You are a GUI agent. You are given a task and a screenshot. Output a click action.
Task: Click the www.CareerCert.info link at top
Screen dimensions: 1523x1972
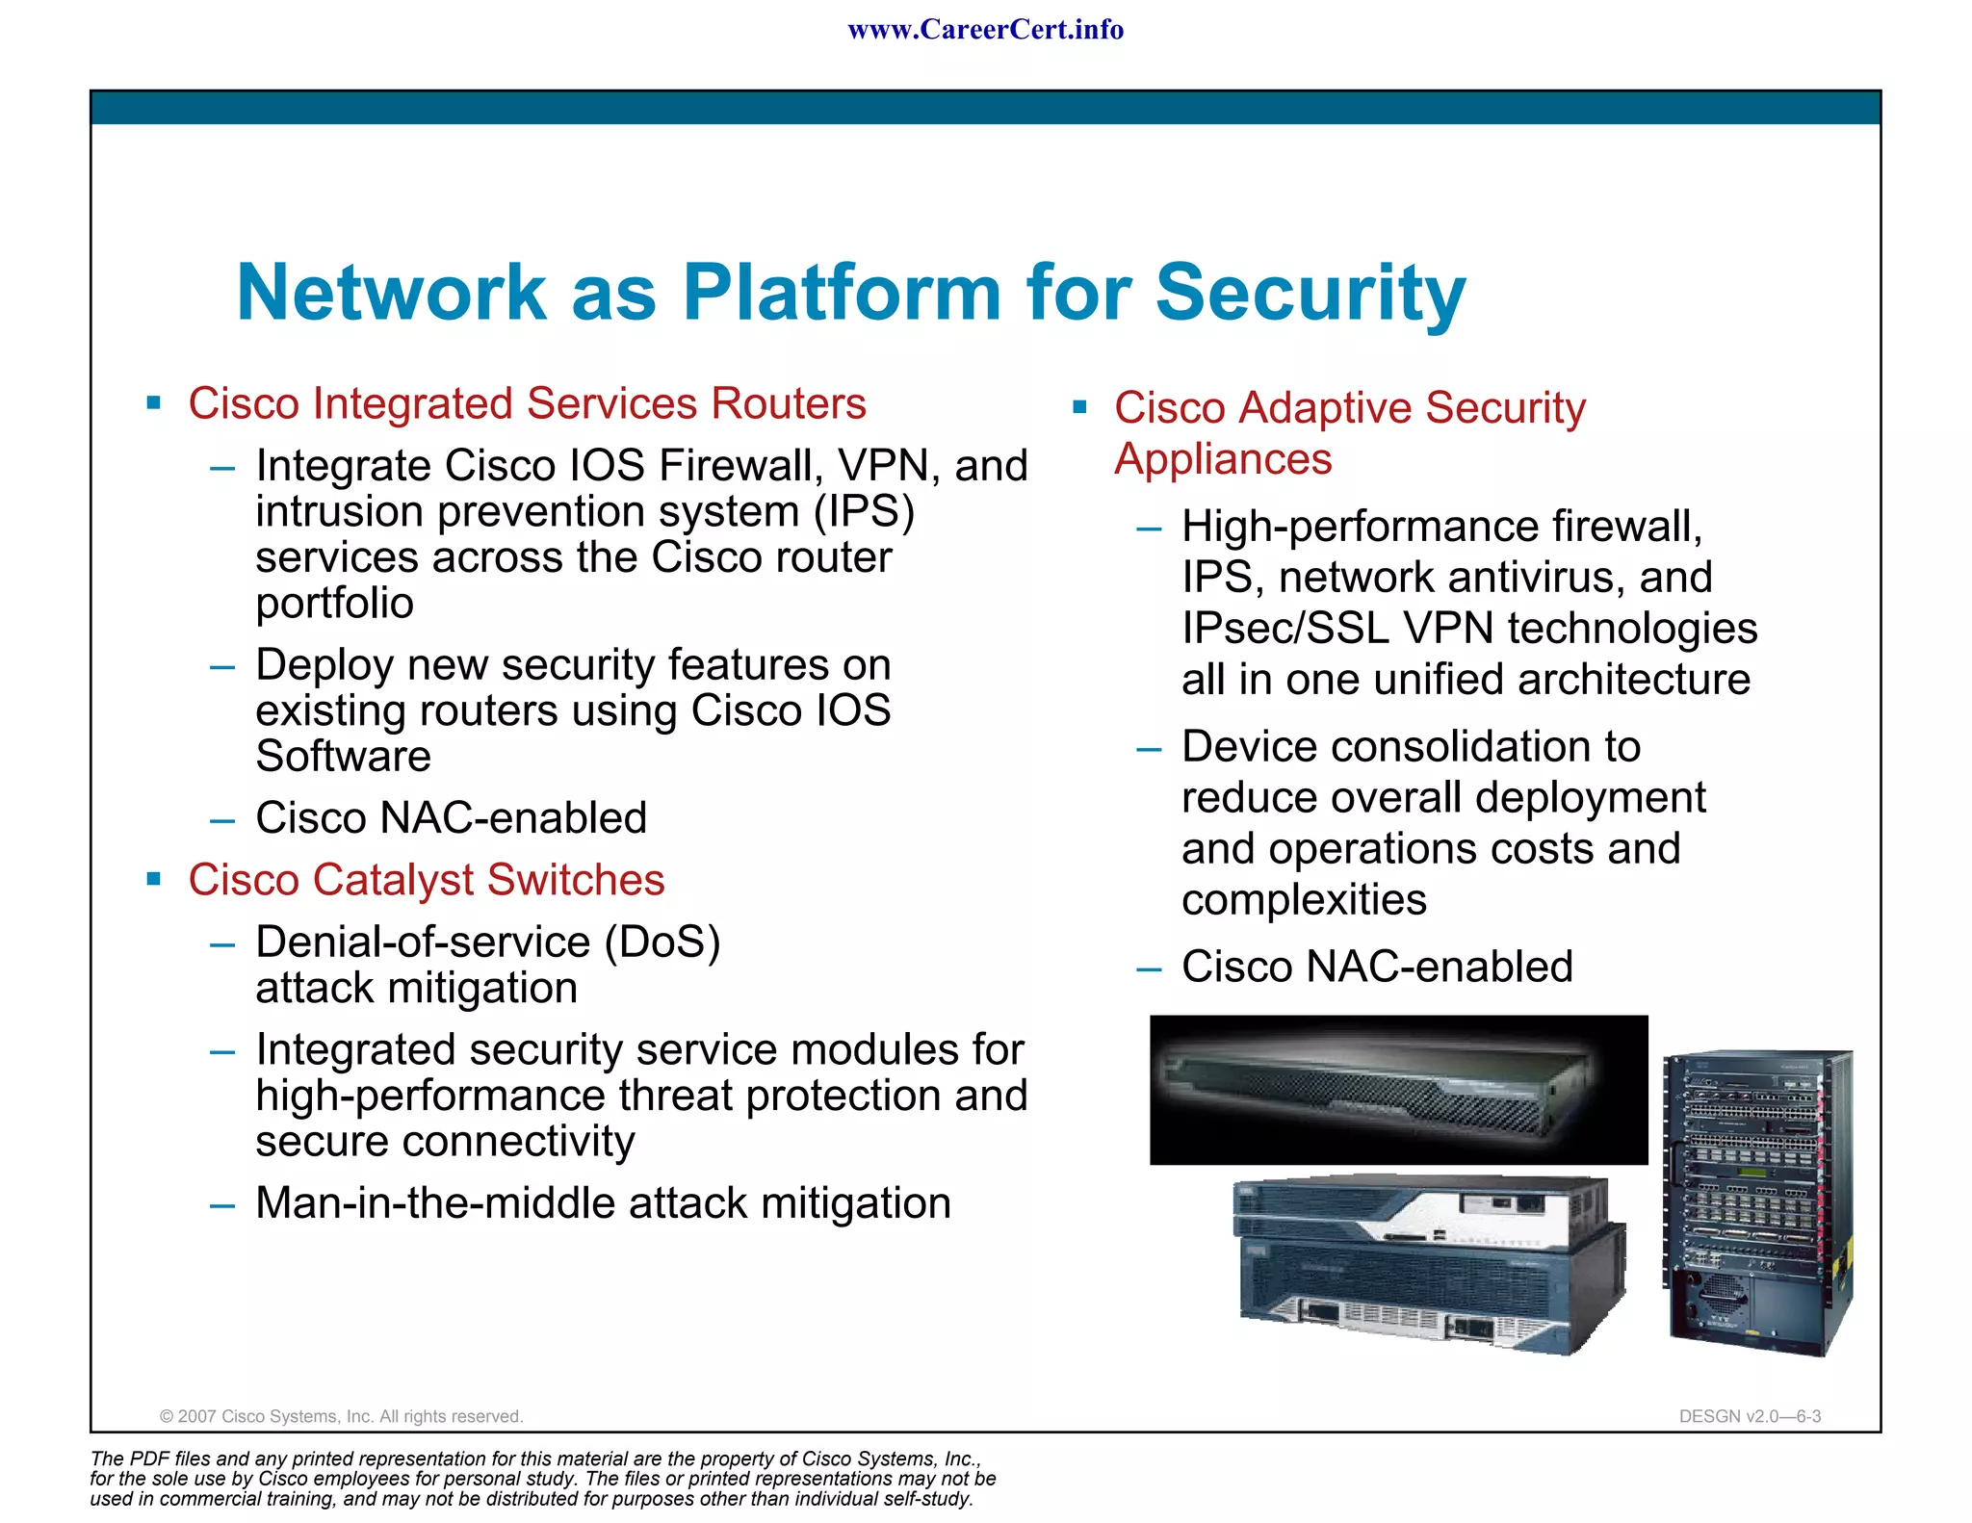tap(985, 30)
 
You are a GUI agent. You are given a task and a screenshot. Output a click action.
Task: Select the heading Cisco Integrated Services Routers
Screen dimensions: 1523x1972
tap(527, 403)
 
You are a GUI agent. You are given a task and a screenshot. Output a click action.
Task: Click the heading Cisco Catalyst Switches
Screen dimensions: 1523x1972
tap(426, 880)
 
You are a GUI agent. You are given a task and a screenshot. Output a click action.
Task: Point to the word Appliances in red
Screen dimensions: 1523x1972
tap(1223, 459)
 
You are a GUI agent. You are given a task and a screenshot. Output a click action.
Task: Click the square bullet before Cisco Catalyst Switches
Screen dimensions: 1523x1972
tap(154, 878)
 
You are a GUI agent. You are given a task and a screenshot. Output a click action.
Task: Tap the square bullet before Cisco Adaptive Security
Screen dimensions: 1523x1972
tap(1079, 407)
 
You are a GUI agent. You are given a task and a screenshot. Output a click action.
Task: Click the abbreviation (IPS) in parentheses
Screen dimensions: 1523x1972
tap(864, 511)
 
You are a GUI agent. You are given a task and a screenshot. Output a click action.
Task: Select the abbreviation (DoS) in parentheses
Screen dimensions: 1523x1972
tap(662, 942)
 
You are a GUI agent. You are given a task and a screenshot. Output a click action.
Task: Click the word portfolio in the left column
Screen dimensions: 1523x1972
tap(334, 604)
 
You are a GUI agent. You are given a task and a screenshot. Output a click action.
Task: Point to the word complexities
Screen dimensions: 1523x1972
tap(1304, 900)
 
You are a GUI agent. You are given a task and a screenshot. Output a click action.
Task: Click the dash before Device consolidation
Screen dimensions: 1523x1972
tap(1149, 749)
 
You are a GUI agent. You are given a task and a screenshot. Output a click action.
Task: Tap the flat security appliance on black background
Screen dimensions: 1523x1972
tap(1398, 1090)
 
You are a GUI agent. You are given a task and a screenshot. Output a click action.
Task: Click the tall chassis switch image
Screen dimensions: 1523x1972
tap(1757, 1202)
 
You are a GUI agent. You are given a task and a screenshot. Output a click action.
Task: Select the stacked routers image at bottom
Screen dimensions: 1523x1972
tap(1429, 1264)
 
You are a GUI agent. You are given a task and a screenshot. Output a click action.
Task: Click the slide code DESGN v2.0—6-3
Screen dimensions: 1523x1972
tap(1750, 1416)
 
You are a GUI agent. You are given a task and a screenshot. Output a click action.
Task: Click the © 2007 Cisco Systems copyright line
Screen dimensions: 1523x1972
tap(341, 1416)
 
